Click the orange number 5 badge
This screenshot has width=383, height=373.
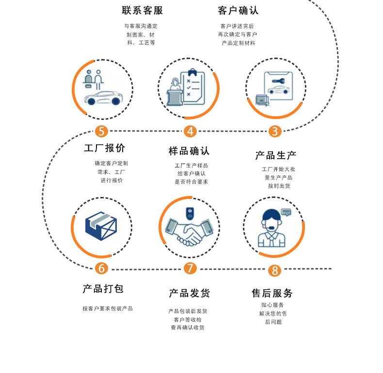101,131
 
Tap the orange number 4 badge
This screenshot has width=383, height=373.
190,131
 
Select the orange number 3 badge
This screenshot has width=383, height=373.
275,131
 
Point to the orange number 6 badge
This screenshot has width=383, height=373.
101,268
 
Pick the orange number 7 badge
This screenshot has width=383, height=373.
190,268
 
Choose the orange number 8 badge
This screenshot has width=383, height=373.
275,270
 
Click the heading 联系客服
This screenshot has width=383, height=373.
142,11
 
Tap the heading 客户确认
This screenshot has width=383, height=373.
238,11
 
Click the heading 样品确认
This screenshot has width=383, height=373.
189,151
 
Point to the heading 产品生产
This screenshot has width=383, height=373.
275,155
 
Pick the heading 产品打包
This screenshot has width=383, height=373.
103,289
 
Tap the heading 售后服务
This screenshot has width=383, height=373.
272,293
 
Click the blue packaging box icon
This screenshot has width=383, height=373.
101,226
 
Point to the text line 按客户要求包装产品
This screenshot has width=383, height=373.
108,309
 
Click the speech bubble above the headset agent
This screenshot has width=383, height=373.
286,212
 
